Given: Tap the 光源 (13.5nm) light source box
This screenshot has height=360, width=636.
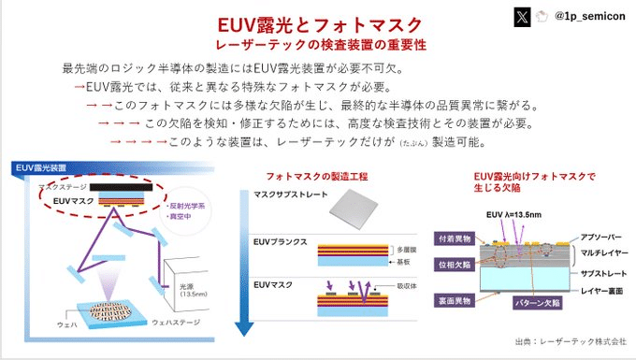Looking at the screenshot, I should (x=186, y=287).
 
